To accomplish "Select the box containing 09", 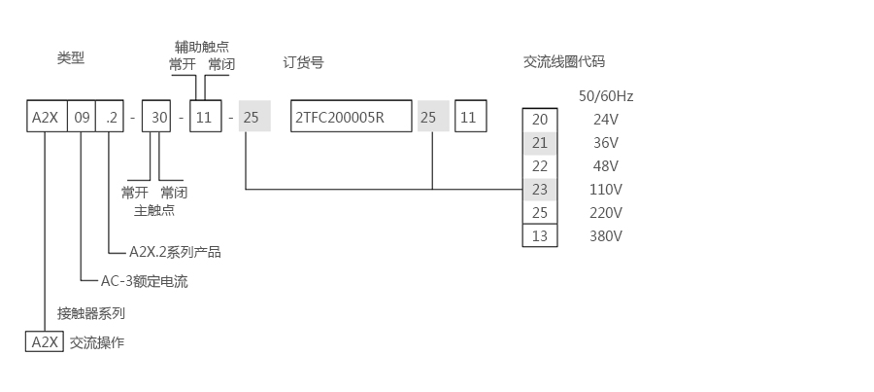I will (83, 118).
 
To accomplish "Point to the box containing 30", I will (160, 118).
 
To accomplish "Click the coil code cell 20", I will (540, 120).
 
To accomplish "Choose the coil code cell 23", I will (540, 190).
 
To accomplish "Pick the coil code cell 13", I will (540, 235).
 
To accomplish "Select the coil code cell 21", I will (540, 143).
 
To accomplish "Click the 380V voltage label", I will (606, 235).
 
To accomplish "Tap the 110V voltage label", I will (606, 190).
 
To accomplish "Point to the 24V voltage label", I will (606, 120).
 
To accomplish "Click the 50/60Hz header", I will (606, 96).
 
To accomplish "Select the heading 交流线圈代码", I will (564, 61).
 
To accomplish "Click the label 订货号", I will (304, 62).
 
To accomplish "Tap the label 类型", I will (71, 58).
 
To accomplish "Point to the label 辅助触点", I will (202, 46).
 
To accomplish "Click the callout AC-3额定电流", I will (145, 282).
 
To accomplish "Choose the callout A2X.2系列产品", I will (175, 252).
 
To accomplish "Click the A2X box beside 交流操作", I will (45, 342).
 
